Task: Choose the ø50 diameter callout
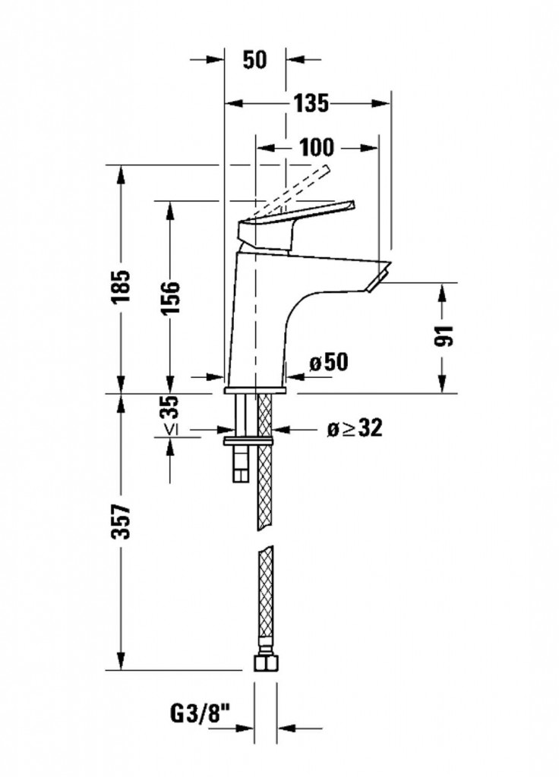pos(328,363)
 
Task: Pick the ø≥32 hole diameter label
pos(354,429)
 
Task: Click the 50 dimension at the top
pos(256,60)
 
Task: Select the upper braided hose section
pos(264,463)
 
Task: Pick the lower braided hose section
pos(264,599)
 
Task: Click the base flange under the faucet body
pos(254,391)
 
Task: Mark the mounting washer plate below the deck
pos(248,439)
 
